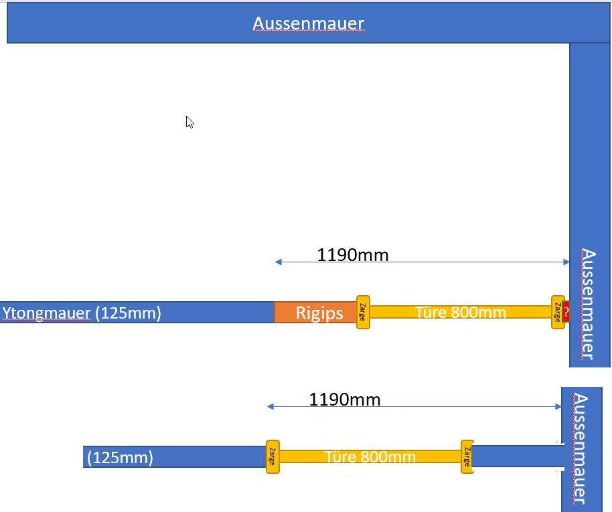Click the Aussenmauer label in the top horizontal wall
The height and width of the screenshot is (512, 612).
[x=308, y=24]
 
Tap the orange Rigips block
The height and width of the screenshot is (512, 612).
[x=315, y=312]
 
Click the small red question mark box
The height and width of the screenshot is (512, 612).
[x=566, y=312]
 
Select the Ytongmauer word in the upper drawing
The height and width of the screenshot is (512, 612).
[x=46, y=313]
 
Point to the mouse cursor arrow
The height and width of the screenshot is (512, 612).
[x=189, y=122]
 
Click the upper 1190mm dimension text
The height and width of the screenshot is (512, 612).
[x=353, y=255]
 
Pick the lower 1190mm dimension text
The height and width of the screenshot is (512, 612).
[x=345, y=400]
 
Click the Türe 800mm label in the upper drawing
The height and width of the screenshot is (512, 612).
[x=461, y=312]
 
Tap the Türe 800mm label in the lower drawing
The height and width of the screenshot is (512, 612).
[x=370, y=456]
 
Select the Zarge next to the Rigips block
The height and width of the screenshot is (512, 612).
[x=363, y=312]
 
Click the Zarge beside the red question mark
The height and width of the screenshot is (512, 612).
[x=558, y=312]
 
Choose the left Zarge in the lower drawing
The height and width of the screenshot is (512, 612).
[x=273, y=456]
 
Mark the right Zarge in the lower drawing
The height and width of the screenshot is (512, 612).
[x=467, y=456]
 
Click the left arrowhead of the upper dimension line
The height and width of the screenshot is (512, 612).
[x=278, y=262]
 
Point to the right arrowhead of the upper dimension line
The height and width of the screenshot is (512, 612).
[x=566, y=262]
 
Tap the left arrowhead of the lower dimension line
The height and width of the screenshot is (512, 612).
[x=270, y=407]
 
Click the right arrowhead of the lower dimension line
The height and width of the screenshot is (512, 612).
[x=558, y=407]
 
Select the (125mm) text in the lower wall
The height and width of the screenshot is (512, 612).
[x=120, y=457]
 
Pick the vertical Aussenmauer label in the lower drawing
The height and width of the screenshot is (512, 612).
[x=581, y=449]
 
